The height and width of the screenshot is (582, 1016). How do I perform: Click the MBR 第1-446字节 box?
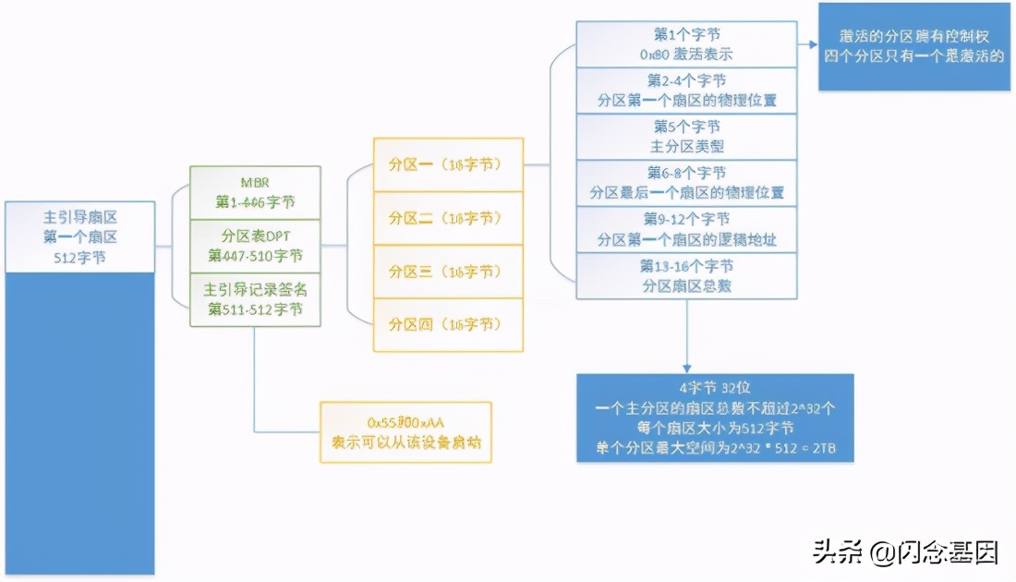255,192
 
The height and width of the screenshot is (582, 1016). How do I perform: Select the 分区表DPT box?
255,245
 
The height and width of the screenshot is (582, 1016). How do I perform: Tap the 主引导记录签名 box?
255,299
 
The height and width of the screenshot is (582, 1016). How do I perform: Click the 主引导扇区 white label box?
79,236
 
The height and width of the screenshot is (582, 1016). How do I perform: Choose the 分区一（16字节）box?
448,164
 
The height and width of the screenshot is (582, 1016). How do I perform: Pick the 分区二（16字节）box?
448,218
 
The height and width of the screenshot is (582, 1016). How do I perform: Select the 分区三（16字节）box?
448,272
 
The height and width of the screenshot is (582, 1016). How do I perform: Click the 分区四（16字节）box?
448,324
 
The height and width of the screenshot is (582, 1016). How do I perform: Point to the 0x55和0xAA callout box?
405,431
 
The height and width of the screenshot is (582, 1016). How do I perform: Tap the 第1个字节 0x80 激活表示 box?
686,43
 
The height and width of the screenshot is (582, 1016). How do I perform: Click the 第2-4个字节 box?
686,90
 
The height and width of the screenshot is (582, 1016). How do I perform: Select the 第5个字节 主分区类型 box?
686,136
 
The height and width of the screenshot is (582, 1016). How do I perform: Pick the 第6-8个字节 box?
686,182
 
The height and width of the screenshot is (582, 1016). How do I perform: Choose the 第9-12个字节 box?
686,229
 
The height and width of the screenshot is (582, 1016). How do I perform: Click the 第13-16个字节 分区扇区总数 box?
686,275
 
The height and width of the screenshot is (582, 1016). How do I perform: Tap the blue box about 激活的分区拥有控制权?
913,46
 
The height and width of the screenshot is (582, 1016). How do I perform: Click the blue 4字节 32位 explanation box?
714,418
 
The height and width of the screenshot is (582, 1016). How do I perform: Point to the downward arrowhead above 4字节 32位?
686,367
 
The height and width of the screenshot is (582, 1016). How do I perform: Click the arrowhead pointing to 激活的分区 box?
811,44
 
